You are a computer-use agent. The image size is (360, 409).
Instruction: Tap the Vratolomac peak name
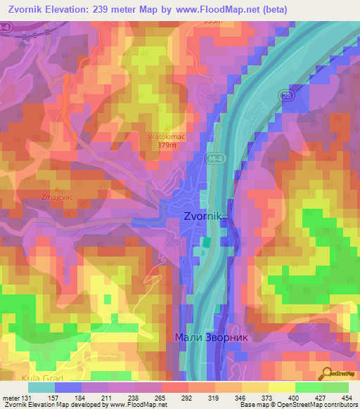[x=166, y=137]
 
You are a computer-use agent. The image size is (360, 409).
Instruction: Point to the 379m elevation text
[x=166, y=145]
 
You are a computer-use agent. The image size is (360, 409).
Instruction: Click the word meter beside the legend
[x=11, y=398]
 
